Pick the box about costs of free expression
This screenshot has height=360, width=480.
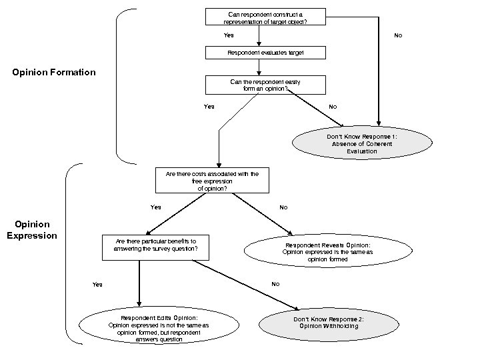(x=212, y=180)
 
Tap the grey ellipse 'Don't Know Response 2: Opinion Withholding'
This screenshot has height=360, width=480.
(x=329, y=323)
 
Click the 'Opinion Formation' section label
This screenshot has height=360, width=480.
(x=54, y=72)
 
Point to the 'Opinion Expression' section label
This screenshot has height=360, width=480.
(x=32, y=230)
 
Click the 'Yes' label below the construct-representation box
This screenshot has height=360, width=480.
(x=229, y=35)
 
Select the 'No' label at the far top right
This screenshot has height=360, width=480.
(x=398, y=35)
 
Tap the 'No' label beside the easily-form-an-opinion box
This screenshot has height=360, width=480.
(x=333, y=107)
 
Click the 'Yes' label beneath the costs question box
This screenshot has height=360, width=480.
(x=155, y=207)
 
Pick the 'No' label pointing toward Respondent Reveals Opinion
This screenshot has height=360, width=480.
(x=283, y=207)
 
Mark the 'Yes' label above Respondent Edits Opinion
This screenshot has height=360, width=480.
(x=97, y=285)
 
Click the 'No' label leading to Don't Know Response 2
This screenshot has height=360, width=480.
(x=275, y=284)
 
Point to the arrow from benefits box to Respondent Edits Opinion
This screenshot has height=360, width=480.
(x=139, y=283)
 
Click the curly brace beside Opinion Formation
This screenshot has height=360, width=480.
(x=119, y=85)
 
